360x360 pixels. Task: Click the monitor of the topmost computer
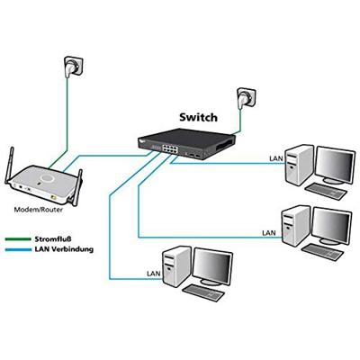point(334,164)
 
